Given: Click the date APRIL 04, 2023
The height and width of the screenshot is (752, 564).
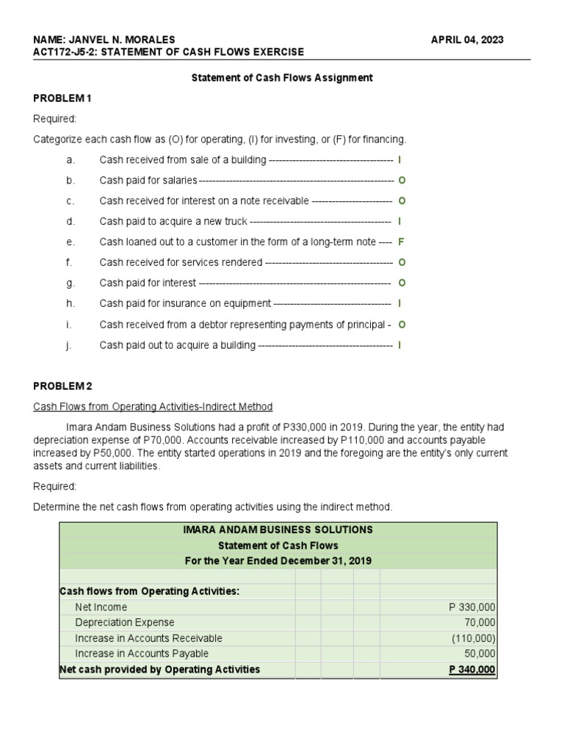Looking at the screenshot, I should pos(467,39).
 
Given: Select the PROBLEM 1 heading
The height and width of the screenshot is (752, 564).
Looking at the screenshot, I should pos(62,98).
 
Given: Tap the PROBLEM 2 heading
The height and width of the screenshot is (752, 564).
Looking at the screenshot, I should pos(63,386).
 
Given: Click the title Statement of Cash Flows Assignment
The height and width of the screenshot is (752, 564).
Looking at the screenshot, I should pos(282,77).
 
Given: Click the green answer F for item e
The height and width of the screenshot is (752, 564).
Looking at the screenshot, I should pos(401,242).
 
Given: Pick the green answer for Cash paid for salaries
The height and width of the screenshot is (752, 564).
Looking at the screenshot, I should pos(402,180).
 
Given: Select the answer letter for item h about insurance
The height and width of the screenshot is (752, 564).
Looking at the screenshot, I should pos(399,303).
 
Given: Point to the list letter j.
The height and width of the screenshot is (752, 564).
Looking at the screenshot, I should pos(67,344).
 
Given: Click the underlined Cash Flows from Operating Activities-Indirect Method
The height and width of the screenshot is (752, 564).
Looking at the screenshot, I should pos(153,406).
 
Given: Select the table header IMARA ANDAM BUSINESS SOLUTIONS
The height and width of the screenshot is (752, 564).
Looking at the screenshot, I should pos(278,529).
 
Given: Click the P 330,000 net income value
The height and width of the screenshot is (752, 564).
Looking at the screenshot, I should pos(471,607).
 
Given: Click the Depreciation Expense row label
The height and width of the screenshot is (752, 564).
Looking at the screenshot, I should pos(125,623).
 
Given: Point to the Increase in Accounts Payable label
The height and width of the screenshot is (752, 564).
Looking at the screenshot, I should pos(141,654).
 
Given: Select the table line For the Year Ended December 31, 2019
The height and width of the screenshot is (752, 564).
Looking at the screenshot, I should pos(278,560).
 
